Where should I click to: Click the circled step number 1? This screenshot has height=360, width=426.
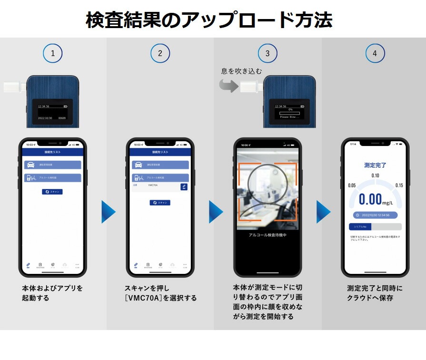(x=53, y=53)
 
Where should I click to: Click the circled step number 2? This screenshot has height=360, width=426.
(x=160, y=53)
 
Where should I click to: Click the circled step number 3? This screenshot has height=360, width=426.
(x=267, y=53)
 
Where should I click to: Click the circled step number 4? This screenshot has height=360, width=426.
(x=375, y=53)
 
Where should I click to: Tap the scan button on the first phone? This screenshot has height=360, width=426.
(x=52, y=192)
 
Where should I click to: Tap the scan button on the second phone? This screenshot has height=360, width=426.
(x=160, y=203)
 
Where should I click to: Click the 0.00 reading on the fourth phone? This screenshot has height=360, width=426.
(x=371, y=199)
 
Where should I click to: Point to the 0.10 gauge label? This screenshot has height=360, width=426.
(x=375, y=176)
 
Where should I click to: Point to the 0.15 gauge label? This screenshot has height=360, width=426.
(x=399, y=185)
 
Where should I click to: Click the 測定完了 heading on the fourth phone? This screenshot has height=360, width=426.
(x=375, y=165)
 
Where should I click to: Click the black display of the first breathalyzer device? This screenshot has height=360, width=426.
(x=52, y=110)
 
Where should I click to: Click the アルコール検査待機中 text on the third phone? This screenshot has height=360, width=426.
(x=267, y=235)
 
